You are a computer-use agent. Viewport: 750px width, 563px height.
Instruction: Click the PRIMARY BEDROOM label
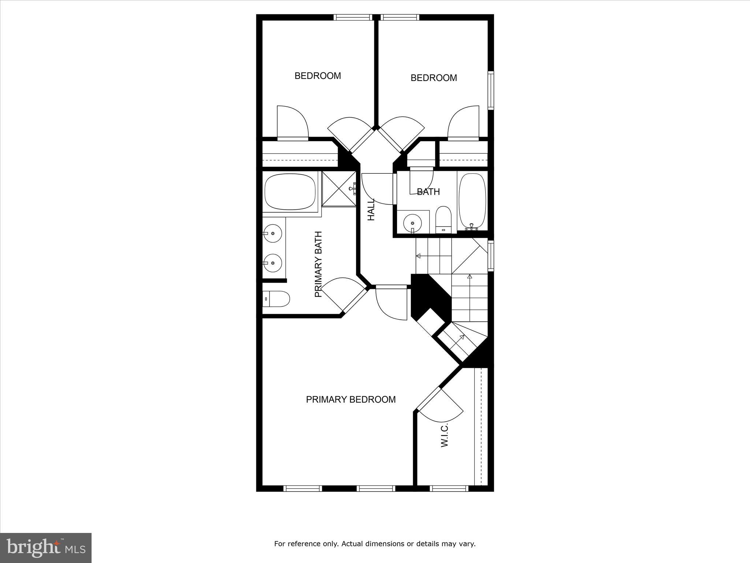(x=350, y=400)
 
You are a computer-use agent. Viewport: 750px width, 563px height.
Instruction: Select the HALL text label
(x=371, y=210)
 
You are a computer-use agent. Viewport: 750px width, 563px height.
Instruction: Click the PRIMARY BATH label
(x=318, y=264)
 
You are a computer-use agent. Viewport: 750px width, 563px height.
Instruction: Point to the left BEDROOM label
(x=318, y=76)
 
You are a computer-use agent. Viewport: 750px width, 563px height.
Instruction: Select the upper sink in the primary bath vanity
(x=272, y=233)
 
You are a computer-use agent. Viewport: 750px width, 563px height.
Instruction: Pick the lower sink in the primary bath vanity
(x=272, y=263)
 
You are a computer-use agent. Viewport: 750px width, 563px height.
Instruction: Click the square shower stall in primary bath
(x=339, y=189)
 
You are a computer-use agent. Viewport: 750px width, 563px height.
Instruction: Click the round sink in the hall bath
(x=412, y=222)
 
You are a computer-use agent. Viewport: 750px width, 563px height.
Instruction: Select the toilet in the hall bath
(x=443, y=219)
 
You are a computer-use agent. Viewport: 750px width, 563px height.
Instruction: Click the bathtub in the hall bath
(x=472, y=201)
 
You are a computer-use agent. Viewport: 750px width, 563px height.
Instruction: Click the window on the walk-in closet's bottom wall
(x=449, y=488)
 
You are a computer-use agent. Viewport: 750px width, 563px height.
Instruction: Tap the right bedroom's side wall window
(x=491, y=91)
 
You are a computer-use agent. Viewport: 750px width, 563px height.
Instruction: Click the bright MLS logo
(x=46, y=548)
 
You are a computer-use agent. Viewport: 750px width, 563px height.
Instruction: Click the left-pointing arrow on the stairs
(x=418, y=256)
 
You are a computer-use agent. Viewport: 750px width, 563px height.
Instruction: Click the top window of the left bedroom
(x=353, y=17)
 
